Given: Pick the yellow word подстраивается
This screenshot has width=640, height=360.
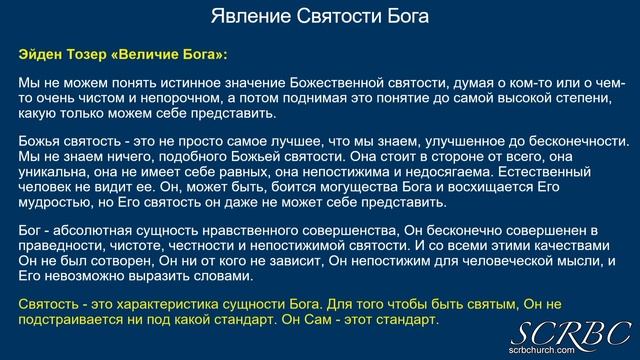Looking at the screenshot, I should pyautogui.click(x=70, y=319).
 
